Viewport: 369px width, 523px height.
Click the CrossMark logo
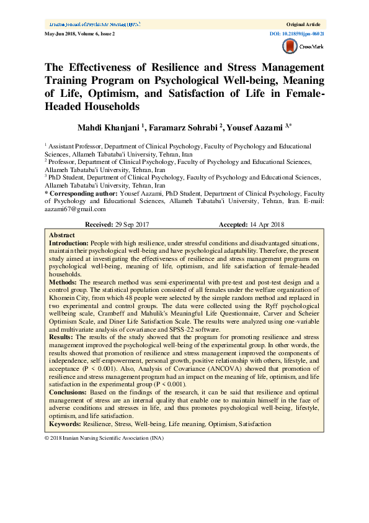pos(298,47)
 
